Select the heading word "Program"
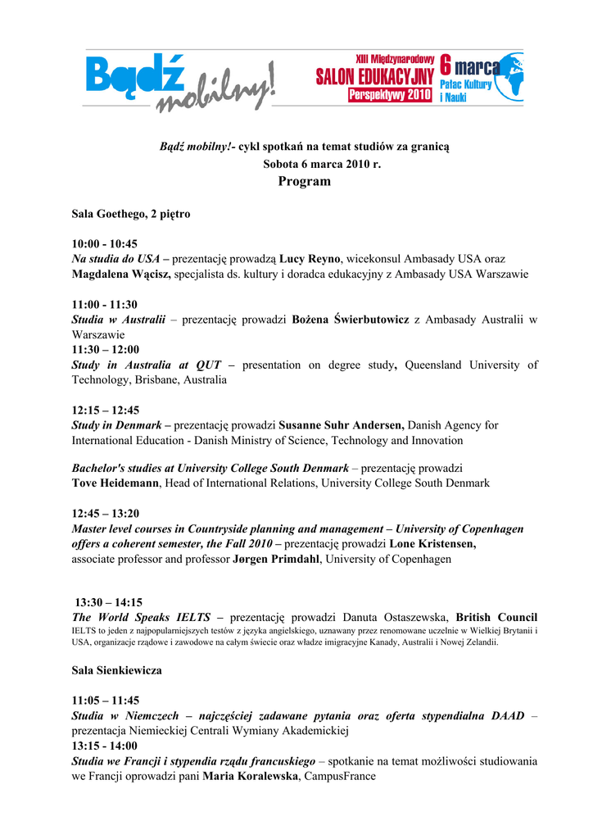pos(304,181)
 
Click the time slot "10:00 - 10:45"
pos(105,243)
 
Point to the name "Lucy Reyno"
pos(310,259)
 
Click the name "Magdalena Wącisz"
pos(121,274)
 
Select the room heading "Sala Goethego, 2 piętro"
pos(131,214)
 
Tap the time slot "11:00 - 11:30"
pos(105,304)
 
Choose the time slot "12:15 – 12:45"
pos(106,410)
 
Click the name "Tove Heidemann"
pos(115,483)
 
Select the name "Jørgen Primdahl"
pos(276,560)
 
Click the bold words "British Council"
pos(496,617)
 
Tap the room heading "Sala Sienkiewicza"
pos(117,670)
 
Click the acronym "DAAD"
pos(508,716)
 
